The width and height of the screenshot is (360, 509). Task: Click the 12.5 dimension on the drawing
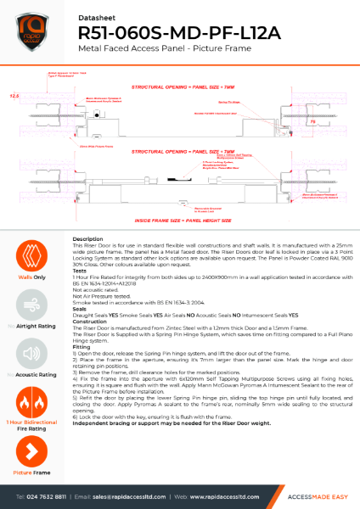tap(14, 96)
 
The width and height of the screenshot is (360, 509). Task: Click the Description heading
tap(88, 240)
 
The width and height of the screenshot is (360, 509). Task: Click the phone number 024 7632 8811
tap(55, 495)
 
